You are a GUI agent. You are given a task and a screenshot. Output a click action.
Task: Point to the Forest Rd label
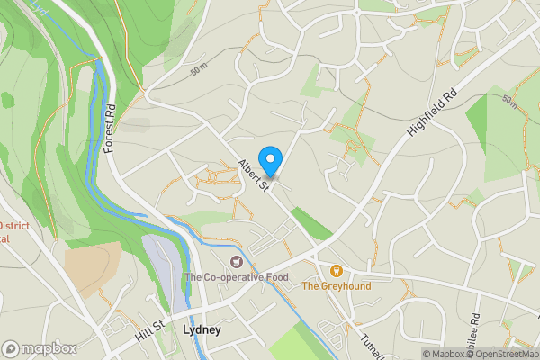(112, 128)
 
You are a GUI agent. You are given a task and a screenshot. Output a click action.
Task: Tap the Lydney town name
(202, 329)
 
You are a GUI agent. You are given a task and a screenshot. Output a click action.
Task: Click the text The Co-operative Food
(237, 277)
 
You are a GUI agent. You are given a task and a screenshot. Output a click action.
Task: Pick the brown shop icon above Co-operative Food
(237, 262)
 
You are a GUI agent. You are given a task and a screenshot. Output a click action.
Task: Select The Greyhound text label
(336, 286)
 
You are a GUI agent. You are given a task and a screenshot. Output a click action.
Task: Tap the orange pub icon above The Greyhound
(336, 270)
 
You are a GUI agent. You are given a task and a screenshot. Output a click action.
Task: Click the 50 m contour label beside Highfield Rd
(510, 101)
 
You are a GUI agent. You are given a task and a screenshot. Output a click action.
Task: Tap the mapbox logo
(38, 348)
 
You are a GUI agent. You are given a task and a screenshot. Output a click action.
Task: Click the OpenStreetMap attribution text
(503, 354)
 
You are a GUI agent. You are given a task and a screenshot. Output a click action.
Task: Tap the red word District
(13, 226)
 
